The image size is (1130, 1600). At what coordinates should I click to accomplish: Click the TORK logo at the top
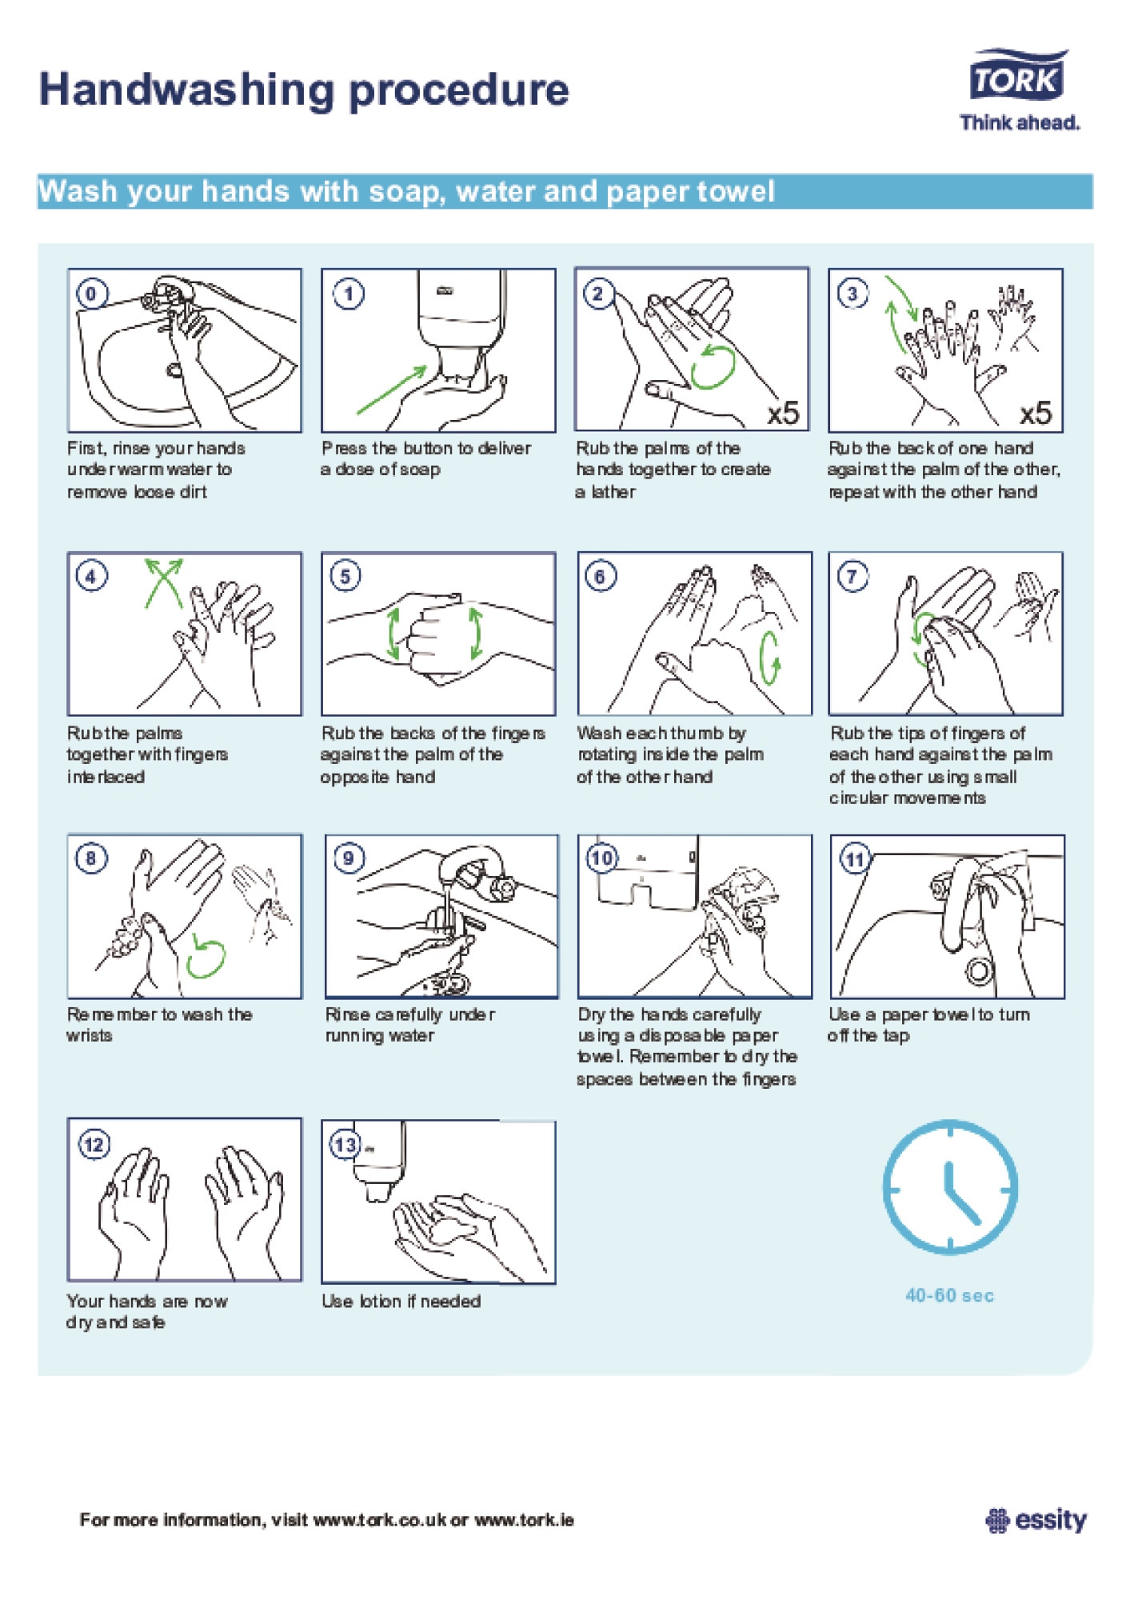tap(1018, 75)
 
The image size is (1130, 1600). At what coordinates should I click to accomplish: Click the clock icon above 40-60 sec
tap(950, 1186)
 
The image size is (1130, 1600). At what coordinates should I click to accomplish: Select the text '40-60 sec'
tap(949, 1295)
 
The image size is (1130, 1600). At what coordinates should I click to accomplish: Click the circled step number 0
tap(91, 294)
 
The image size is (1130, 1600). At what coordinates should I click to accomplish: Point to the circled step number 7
tap(852, 576)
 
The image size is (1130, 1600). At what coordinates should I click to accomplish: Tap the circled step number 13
tap(345, 1145)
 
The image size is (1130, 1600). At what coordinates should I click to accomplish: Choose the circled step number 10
tap(602, 858)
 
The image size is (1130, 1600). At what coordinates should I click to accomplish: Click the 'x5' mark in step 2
tap(783, 413)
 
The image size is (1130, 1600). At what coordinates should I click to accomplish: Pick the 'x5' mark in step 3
tap(1036, 413)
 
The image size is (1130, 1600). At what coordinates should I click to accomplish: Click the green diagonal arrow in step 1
tap(392, 390)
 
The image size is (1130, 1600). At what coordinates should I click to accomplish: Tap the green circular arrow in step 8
tap(206, 957)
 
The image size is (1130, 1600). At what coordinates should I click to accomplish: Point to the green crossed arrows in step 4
tap(164, 583)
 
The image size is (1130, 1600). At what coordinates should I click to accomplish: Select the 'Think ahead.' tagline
tap(1020, 122)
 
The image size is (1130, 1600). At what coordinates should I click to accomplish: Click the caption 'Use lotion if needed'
tap(401, 1302)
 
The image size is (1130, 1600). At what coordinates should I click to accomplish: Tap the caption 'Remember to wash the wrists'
tap(159, 1025)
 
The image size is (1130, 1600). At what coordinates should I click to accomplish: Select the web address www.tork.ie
tap(524, 1520)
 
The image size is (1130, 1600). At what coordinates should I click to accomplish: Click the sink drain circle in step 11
tap(980, 970)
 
